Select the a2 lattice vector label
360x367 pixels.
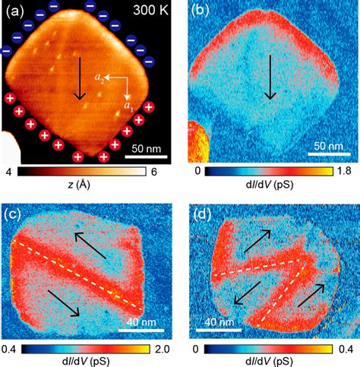click(98, 78)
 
